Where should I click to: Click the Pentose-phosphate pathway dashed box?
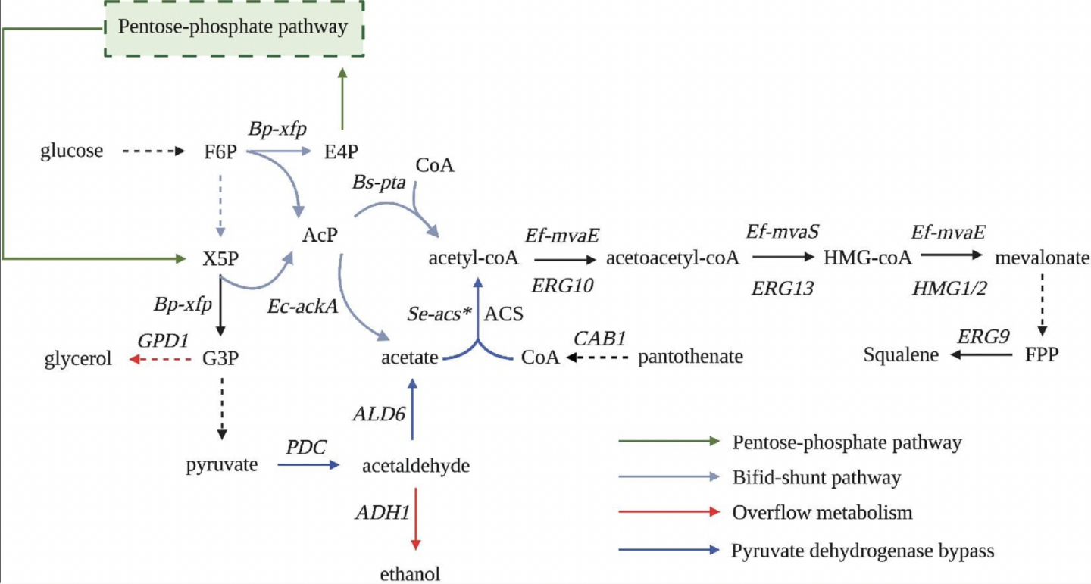[233, 28]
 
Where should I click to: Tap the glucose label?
[72, 151]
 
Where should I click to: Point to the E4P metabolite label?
[340, 151]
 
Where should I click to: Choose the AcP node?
[320, 238]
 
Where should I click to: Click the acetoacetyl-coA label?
[673, 258]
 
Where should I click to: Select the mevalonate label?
[1042, 258]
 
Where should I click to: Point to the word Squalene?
[901, 354]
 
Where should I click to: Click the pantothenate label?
[691, 356]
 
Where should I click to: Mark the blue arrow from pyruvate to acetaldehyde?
[309, 466]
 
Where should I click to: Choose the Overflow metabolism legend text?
[822, 513]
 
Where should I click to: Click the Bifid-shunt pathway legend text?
[817, 478]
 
